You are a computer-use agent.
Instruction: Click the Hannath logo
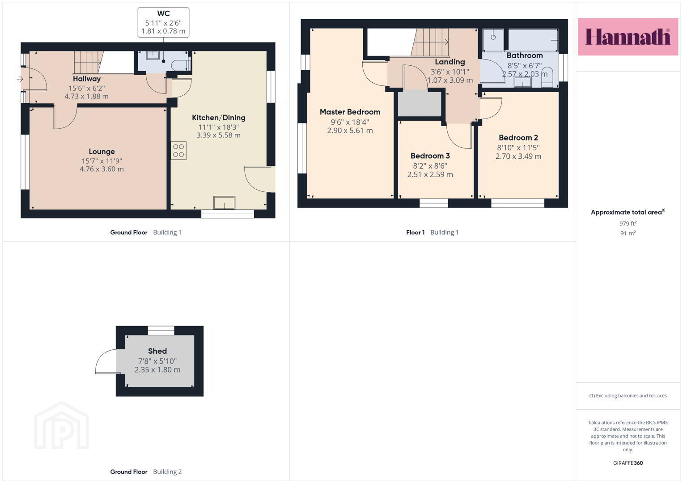click(628, 37)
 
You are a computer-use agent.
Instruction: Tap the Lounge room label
click(102, 152)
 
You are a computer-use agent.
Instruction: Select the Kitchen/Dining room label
click(219, 118)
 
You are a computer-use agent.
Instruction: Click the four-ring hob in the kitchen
click(178, 151)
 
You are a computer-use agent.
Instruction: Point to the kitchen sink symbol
click(224, 203)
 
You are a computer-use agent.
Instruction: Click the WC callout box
click(163, 22)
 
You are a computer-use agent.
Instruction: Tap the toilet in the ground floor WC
click(181, 65)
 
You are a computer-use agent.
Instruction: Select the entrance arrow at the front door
click(20, 80)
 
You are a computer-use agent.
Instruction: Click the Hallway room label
click(87, 79)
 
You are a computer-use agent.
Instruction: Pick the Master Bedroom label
click(350, 112)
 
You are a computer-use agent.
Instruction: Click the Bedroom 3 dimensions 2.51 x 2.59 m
click(430, 174)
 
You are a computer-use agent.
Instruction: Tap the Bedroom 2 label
click(518, 138)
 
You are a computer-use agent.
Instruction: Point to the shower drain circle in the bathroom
click(493, 37)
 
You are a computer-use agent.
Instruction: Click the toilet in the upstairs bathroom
click(547, 77)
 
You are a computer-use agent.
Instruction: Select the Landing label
click(450, 62)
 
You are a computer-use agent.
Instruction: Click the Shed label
click(157, 351)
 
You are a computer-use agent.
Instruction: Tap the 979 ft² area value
click(628, 223)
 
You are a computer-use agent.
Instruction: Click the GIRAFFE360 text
click(628, 463)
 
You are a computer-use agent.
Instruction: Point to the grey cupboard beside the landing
click(420, 103)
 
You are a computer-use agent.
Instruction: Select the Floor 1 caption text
click(415, 233)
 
